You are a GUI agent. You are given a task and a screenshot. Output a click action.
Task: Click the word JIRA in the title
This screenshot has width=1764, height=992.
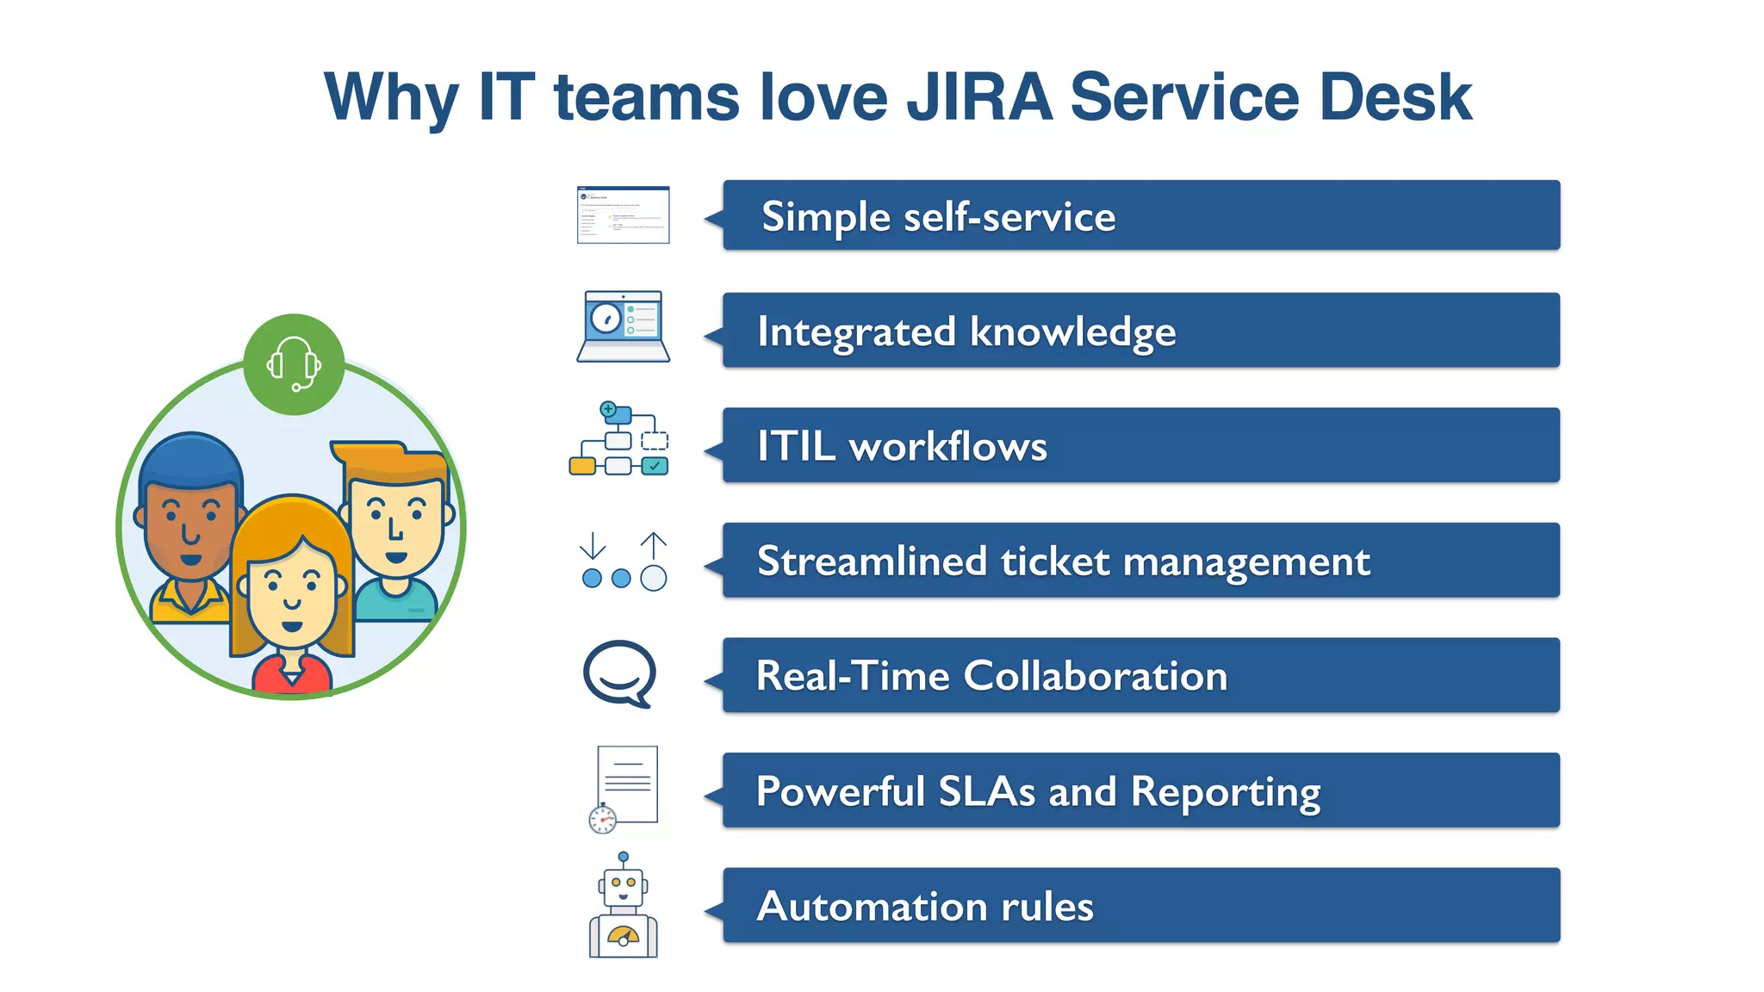(979, 96)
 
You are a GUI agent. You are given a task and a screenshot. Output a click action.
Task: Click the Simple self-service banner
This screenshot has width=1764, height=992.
(1140, 215)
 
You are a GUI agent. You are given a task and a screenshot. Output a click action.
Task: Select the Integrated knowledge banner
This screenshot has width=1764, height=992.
(1140, 331)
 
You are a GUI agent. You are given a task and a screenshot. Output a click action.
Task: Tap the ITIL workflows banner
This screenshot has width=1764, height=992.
(1140, 445)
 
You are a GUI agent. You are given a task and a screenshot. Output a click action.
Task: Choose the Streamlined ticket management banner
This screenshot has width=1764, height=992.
(1140, 561)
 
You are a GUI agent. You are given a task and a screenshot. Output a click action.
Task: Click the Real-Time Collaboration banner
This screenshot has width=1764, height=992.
(1140, 675)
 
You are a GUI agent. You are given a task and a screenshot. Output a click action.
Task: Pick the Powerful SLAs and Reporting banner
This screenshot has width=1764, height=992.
(1140, 790)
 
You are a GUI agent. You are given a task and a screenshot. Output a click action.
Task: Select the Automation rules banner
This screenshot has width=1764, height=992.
(1140, 905)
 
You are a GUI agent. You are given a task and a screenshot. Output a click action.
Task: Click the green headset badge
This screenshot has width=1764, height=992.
(294, 364)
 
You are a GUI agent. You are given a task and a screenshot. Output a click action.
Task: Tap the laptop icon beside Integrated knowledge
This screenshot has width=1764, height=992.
(623, 326)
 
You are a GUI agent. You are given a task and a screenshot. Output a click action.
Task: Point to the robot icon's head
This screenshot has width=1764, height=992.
(624, 886)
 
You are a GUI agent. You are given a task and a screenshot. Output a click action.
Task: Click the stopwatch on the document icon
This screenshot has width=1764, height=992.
(602, 819)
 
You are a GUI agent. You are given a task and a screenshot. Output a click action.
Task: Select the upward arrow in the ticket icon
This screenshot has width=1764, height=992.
(654, 545)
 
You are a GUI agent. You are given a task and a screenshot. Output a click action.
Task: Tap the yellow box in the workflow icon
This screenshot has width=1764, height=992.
(582, 466)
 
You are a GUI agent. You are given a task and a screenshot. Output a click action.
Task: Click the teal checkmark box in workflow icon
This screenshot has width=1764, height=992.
(655, 466)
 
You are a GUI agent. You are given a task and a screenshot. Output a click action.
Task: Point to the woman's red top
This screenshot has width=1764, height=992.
(291, 675)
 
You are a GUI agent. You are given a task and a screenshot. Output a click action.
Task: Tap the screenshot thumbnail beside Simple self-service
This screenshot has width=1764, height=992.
(623, 214)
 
